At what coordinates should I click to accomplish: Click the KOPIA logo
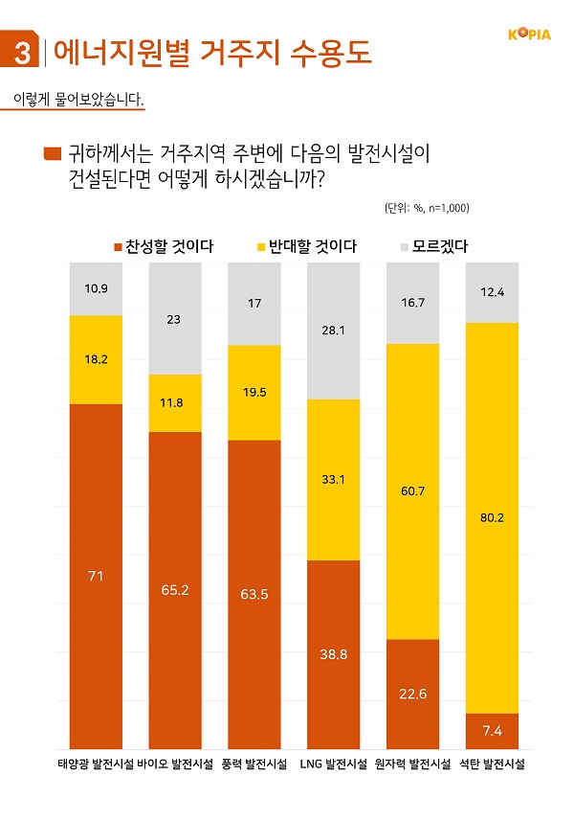point(528,35)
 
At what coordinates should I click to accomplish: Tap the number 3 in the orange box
point(20,52)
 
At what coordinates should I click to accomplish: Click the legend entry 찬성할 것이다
point(164,246)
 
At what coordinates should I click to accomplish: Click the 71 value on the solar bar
point(96,576)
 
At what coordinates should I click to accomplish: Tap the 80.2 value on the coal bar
point(493,518)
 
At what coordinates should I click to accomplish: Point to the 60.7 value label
point(413,490)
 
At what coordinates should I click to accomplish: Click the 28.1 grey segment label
point(334,331)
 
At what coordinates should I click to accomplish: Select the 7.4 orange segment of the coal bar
point(493,731)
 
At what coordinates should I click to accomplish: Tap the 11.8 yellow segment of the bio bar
point(175,403)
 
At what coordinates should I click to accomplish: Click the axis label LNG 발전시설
point(334,764)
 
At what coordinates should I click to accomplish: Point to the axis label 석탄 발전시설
point(493,764)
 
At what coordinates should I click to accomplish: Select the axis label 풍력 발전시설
point(254,764)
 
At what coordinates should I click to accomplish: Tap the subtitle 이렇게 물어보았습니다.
point(77,99)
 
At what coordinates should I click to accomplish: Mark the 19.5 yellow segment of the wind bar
point(254,392)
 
